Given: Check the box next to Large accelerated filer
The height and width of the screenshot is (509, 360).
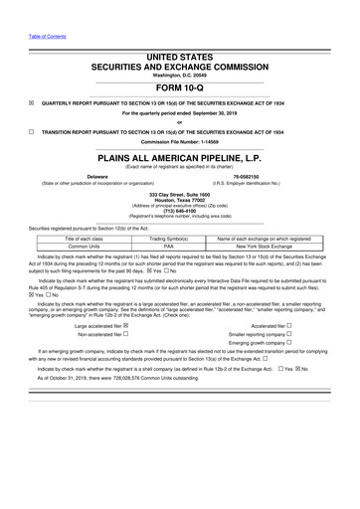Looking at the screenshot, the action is click(138, 366).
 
